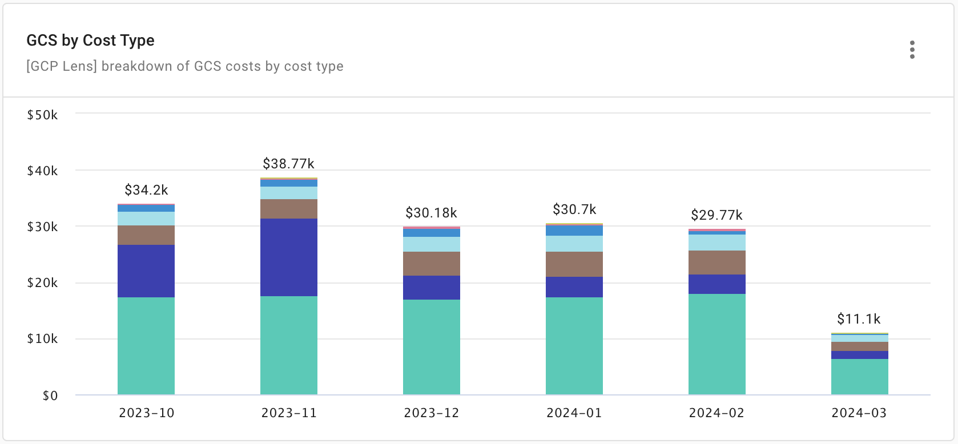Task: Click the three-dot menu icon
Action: click(x=912, y=50)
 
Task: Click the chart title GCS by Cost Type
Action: click(x=90, y=41)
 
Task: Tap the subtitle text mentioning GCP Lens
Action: click(x=184, y=66)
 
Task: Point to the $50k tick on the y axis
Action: click(x=42, y=115)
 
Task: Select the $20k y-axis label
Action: click(x=42, y=283)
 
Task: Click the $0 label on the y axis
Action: click(x=50, y=395)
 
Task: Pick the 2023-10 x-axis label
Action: click(x=146, y=413)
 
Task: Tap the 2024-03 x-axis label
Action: click(x=859, y=413)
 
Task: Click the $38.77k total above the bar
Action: click(x=288, y=164)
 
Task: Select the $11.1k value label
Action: click(x=859, y=319)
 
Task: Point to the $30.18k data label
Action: click(x=431, y=213)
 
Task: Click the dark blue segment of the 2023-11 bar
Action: click(x=288, y=257)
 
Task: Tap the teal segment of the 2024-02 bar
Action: click(x=717, y=344)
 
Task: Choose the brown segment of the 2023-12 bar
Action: click(x=431, y=264)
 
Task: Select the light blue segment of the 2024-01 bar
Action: click(x=574, y=244)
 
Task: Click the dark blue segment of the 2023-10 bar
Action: click(x=146, y=271)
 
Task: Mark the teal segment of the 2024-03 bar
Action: click(x=859, y=377)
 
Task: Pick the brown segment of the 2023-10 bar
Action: click(x=146, y=235)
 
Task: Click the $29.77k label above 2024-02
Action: click(x=717, y=215)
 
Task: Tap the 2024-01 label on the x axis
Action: click(x=574, y=413)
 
